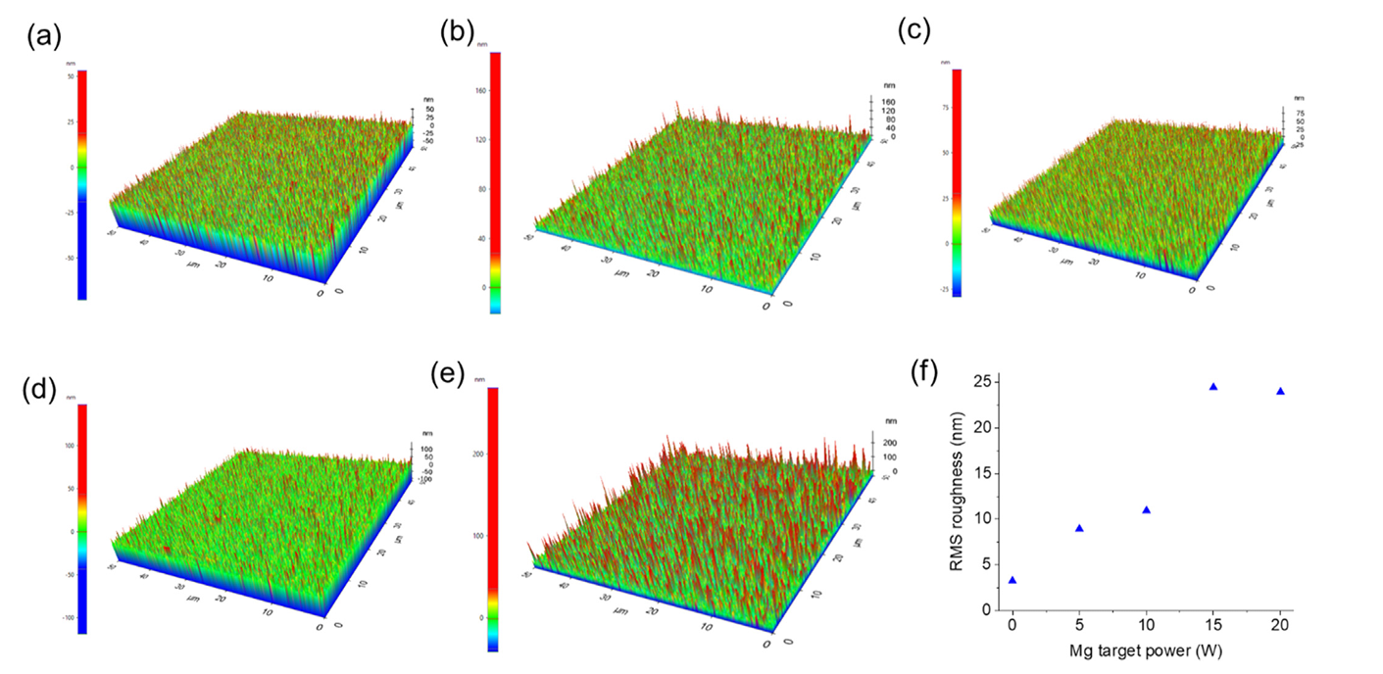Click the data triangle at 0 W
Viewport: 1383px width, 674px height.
(1013, 580)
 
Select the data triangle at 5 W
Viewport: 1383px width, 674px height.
(1079, 528)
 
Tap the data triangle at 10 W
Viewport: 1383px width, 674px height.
(1146, 509)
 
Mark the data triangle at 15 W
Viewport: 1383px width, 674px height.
(1213, 387)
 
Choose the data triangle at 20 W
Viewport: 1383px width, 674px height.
(1280, 391)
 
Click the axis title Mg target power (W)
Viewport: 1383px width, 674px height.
(1146, 650)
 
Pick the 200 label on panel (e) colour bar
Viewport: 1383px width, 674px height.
(480, 455)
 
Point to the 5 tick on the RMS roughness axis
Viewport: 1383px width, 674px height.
(985, 564)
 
